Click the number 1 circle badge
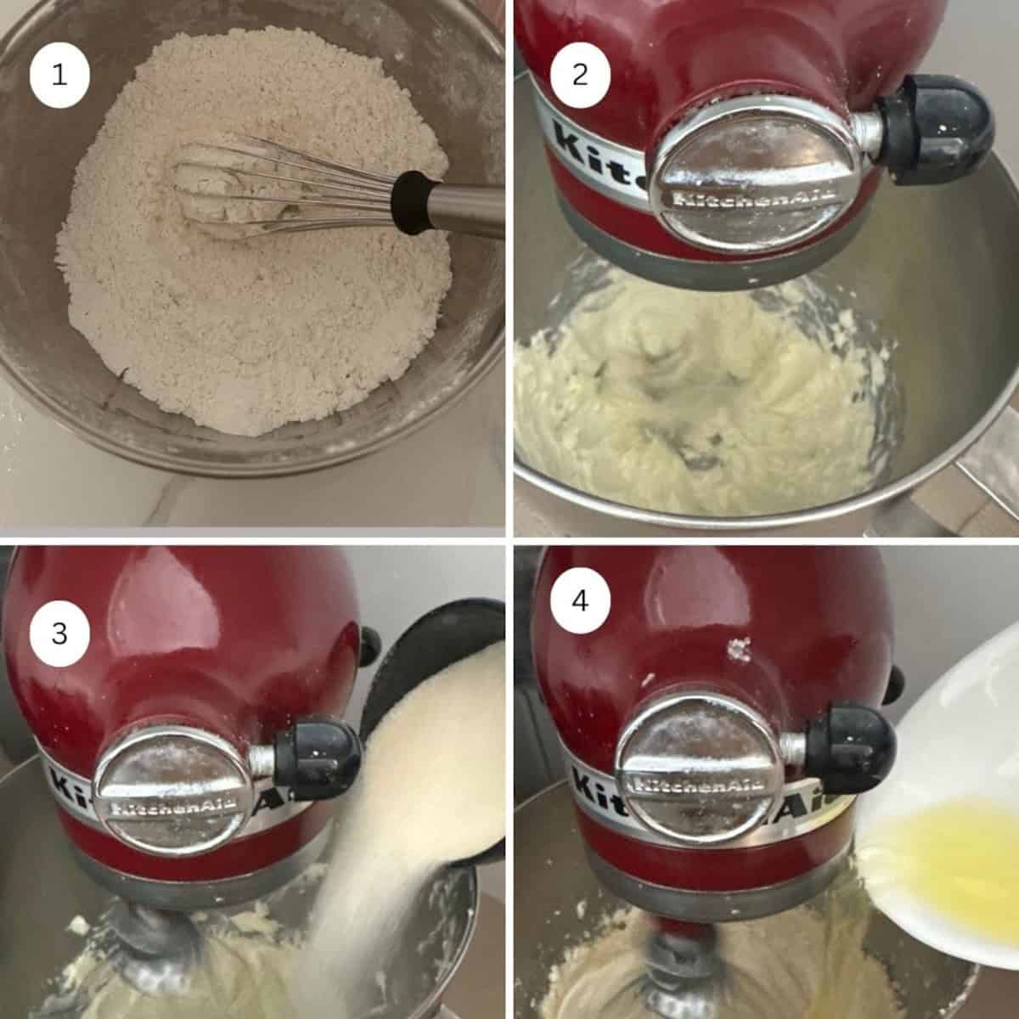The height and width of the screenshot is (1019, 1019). [59, 75]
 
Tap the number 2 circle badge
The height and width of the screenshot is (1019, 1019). [580, 75]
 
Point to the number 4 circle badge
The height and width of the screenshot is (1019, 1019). [580, 601]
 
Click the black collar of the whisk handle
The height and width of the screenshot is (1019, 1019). [414, 203]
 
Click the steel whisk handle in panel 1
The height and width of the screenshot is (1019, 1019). [465, 208]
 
